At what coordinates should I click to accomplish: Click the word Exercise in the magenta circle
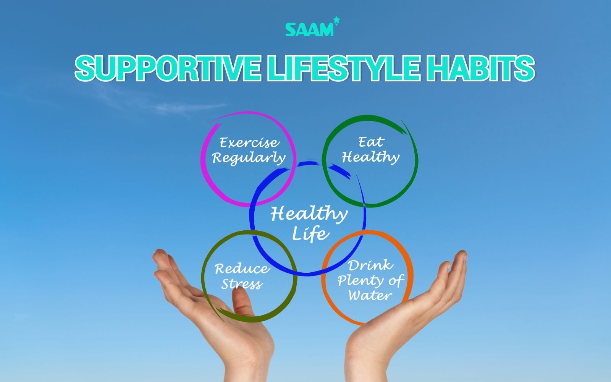(x=249, y=143)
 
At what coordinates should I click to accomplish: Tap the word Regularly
(x=249, y=158)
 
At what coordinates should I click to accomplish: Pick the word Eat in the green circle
(x=370, y=142)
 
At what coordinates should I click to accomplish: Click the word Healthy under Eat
(x=370, y=157)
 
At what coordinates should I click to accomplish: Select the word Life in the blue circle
(x=310, y=233)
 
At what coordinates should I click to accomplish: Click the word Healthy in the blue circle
(x=309, y=214)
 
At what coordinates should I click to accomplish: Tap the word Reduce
(x=241, y=269)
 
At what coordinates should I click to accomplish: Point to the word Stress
(x=242, y=284)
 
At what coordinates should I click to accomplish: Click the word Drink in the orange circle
(x=370, y=265)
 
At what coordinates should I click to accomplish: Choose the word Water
(x=370, y=295)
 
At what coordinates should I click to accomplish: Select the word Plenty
(x=357, y=281)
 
